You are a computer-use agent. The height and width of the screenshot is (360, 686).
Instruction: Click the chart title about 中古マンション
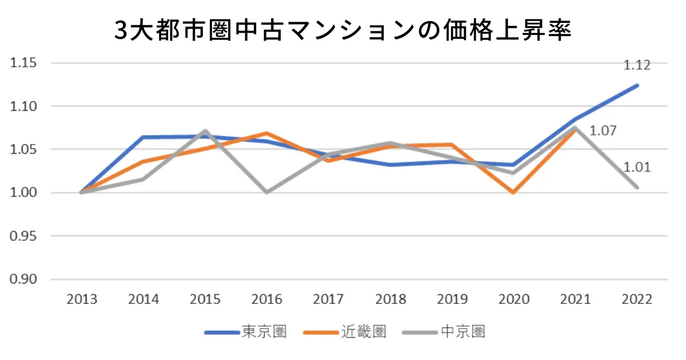click(x=343, y=30)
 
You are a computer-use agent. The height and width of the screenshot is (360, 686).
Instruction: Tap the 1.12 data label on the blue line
click(x=636, y=65)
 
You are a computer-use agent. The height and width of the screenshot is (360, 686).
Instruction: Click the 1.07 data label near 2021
click(x=603, y=131)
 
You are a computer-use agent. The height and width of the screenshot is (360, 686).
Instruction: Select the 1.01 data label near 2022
click(x=637, y=167)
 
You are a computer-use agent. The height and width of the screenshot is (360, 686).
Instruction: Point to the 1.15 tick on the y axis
click(x=23, y=63)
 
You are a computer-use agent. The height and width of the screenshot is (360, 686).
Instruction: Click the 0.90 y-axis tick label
click(x=23, y=279)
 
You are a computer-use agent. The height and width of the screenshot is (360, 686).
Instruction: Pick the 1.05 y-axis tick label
click(x=23, y=150)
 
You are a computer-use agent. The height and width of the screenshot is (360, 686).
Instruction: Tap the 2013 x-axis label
click(x=81, y=299)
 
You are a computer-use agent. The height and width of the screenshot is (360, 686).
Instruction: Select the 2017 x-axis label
click(x=328, y=299)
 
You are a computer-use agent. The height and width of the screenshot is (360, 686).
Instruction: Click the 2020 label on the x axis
click(x=513, y=299)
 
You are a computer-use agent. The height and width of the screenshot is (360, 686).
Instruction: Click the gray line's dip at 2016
click(x=267, y=192)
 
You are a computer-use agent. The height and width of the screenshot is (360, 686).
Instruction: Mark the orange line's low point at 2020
click(x=513, y=192)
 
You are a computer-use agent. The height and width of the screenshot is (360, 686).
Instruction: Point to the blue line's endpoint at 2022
click(x=637, y=86)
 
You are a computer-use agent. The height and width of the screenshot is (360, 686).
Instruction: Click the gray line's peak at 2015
click(x=205, y=131)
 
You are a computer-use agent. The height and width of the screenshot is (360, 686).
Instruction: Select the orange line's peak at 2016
click(x=267, y=133)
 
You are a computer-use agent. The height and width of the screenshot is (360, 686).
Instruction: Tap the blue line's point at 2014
click(x=143, y=137)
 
